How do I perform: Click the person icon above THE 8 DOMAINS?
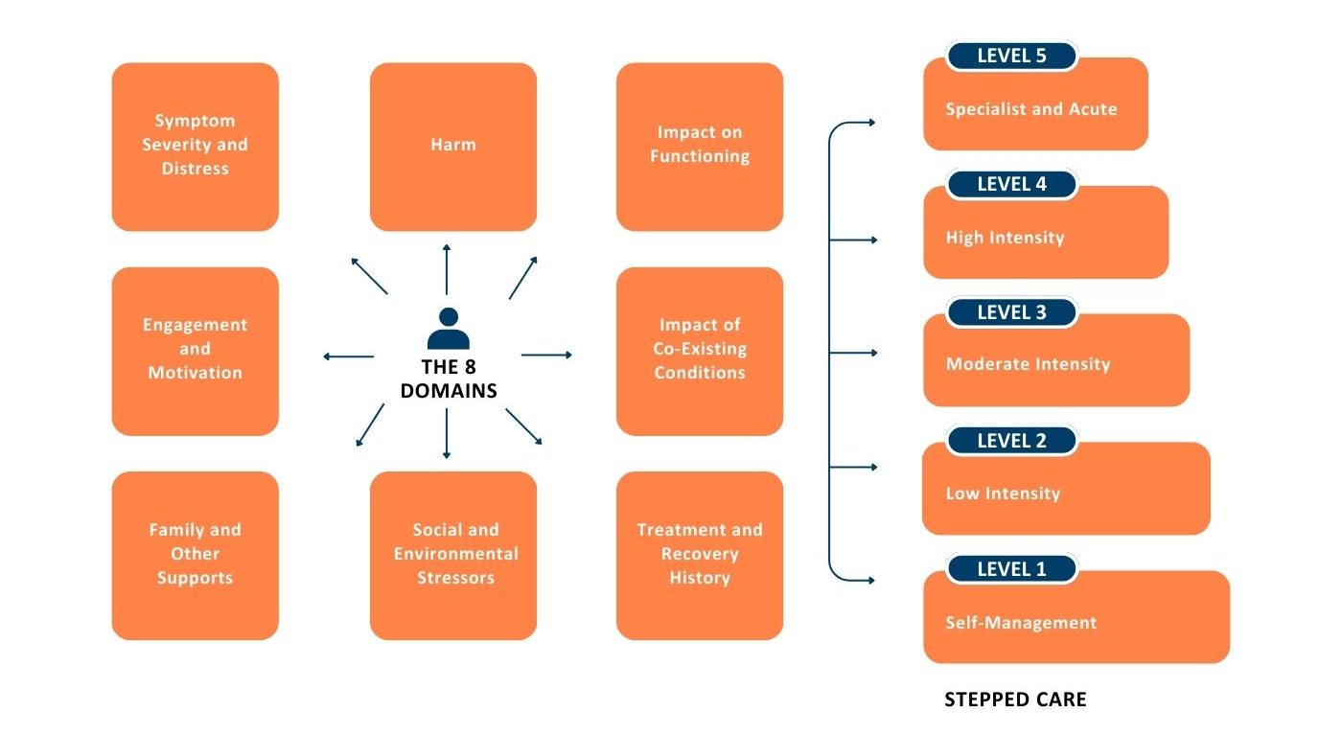pyautogui.click(x=448, y=329)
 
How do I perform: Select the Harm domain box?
pyautogui.click(x=453, y=147)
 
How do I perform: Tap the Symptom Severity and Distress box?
pyautogui.click(x=196, y=147)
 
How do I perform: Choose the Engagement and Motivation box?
pyautogui.click(x=196, y=351)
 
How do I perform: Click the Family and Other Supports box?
pyautogui.click(x=196, y=555)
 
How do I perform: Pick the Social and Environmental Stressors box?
pyautogui.click(x=453, y=555)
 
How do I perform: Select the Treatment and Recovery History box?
pyautogui.click(x=700, y=555)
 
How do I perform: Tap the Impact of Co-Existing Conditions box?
pyautogui.click(x=700, y=351)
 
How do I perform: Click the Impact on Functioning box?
pyautogui.click(x=700, y=147)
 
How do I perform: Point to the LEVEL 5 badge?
pyautogui.click(x=1011, y=56)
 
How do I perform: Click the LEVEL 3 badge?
pyautogui.click(x=1011, y=312)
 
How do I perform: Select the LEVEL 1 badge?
pyautogui.click(x=1011, y=569)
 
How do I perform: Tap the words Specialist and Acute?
pyautogui.click(x=1031, y=109)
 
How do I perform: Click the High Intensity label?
pyautogui.click(x=1005, y=238)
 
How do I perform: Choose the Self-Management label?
pyautogui.click(x=1021, y=623)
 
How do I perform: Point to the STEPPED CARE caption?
pyautogui.click(x=1015, y=700)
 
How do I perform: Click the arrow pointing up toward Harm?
pyautogui.click(x=447, y=269)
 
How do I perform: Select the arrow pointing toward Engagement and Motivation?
pyautogui.click(x=348, y=356)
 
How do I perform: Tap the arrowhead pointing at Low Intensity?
pyautogui.click(x=872, y=467)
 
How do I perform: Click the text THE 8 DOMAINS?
pyautogui.click(x=448, y=379)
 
